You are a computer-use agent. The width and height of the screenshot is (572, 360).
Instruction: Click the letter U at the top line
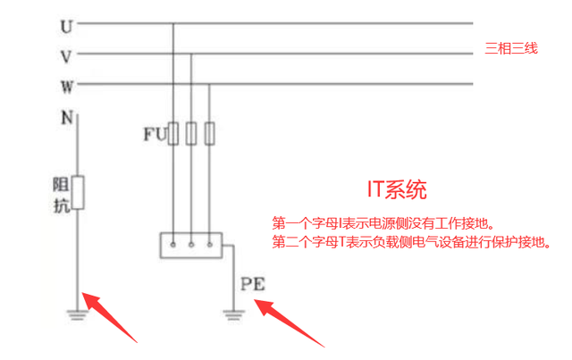click(x=66, y=27)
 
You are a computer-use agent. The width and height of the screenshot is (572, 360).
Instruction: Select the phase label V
click(x=66, y=56)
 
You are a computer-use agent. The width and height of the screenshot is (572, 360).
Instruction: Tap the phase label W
click(x=66, y=87)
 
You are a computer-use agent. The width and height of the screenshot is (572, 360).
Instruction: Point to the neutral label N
click(x=66, y=117)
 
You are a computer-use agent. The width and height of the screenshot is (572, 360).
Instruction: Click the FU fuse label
click(x=154, y=135)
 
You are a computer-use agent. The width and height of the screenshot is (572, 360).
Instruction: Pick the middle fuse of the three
click(x=191, y=134)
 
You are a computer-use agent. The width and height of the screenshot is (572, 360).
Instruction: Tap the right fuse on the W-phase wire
click(x=209, y=134)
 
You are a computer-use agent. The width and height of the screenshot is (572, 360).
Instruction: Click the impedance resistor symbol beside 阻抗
click(x=78, y=193)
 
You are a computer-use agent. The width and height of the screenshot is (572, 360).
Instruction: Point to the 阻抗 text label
click(x=59, y=197)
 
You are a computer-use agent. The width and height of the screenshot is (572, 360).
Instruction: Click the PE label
click(x=253, y=286)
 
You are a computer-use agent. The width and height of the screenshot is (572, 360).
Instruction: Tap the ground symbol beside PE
click(x=233, y=314)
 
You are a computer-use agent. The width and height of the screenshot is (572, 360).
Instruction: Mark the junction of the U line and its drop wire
click(x=173, y=24)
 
